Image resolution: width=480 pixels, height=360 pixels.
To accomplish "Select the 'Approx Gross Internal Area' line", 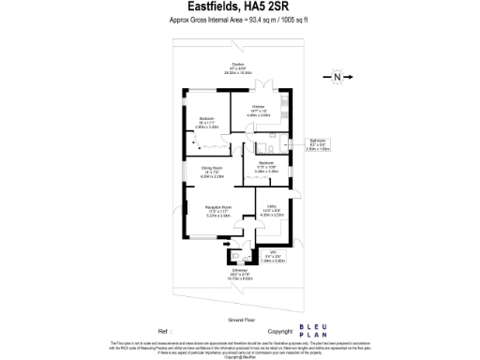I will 239,19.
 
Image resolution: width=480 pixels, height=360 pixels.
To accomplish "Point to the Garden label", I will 225,67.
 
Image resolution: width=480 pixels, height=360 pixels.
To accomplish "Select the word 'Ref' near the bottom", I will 164,331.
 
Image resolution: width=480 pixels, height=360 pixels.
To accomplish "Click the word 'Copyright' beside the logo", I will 280,331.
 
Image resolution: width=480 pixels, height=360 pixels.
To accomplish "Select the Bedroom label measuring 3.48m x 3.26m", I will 266,167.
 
